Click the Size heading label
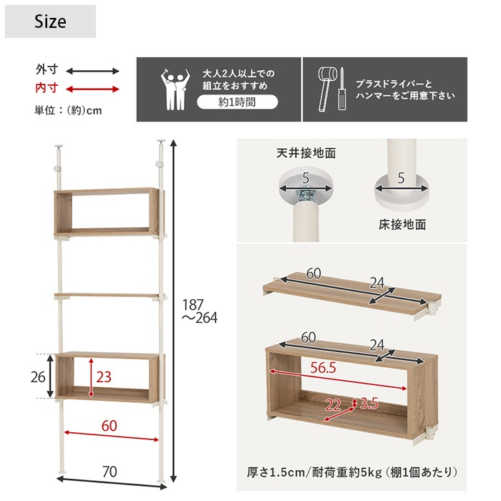[50, 22]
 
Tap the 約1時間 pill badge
[237, 102]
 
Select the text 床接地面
[402, 225]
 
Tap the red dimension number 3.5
[370, 403]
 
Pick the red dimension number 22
[333, 405]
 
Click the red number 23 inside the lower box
[104, 376]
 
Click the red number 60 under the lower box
[109, 425]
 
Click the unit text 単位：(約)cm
[68, 110]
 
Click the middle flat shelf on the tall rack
[109, 294]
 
